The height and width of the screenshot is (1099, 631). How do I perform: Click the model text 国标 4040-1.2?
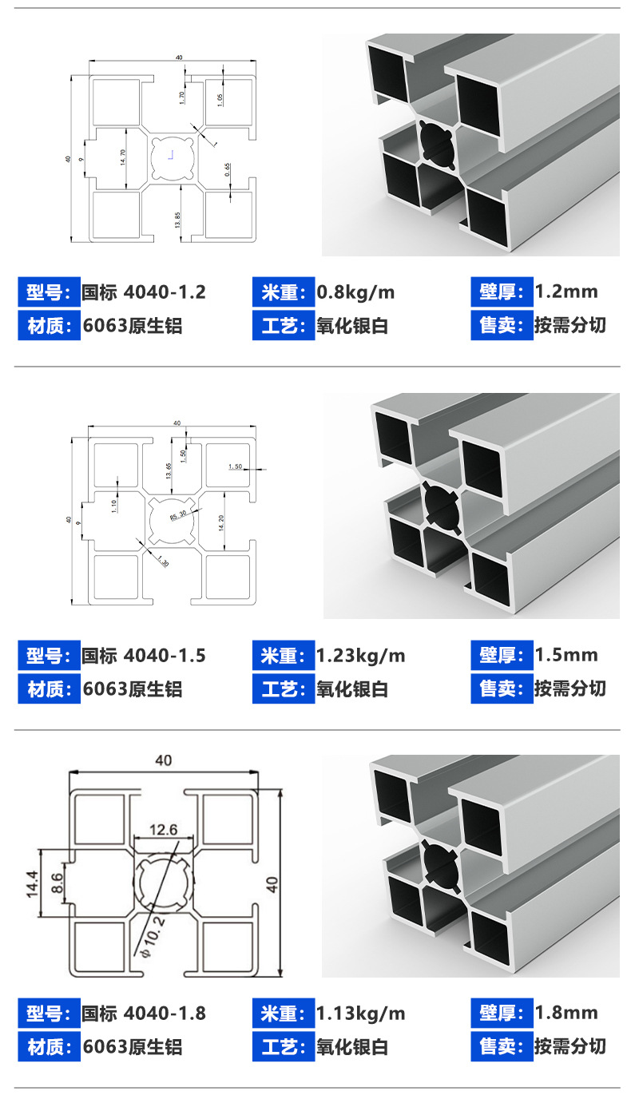point(144,292)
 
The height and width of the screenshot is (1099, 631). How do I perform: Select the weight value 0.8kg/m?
point(355,292)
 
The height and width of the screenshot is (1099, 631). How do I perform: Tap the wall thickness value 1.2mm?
point(566,292)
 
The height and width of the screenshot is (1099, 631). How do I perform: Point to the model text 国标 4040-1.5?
point(144,656)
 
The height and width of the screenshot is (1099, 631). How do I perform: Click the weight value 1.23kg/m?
point(361,656)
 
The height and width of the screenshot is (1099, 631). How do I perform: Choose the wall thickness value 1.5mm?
point(566,656)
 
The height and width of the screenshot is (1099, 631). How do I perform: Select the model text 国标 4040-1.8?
point(144,1014)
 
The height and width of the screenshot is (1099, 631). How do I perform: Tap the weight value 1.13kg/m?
point(361,1014)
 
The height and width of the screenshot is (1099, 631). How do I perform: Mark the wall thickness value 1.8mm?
point(566,1014)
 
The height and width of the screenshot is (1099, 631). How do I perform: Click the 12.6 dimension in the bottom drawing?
point(163,830)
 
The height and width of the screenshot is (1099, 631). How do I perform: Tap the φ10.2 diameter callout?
point(151,936)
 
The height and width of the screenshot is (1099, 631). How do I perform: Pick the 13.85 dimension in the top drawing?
point(177,220)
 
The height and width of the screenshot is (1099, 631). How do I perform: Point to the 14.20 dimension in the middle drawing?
point(220,522)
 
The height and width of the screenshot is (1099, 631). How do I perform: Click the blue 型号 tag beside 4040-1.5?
point(49,656)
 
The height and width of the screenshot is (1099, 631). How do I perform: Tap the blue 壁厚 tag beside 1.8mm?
point(501,1014)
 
